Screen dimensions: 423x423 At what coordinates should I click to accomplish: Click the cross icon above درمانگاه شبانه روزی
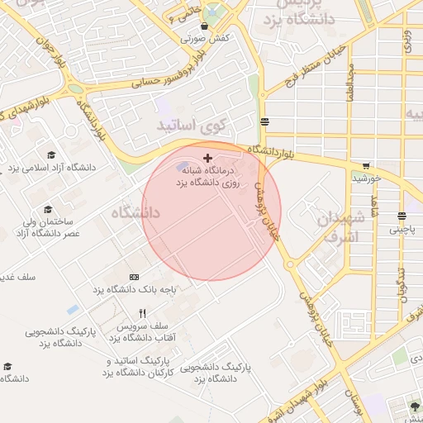point(207,157)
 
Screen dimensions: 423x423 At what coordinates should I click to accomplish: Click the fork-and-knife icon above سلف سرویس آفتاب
point(142,313)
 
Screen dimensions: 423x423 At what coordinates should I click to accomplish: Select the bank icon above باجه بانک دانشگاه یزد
point(135,277)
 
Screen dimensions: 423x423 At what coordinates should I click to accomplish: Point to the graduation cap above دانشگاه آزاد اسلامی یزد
point(51,154)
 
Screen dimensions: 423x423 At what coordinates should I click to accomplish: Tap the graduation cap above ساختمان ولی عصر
point(47,210)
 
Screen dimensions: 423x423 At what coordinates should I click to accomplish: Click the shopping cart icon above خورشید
point(366,165)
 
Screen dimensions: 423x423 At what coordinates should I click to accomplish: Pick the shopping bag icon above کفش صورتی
point(204,26)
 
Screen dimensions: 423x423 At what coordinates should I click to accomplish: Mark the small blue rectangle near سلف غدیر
point(73,309)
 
